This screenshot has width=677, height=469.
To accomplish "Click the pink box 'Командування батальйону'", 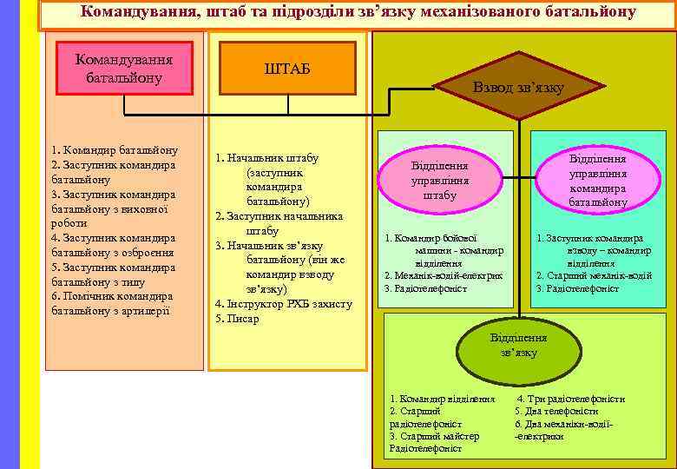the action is [x=124, y=67].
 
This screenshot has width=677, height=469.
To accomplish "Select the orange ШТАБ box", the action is [x=286, y=69].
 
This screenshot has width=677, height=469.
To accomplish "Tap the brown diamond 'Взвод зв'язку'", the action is [x=518, y=87].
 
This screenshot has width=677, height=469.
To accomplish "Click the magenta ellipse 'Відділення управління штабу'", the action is [x=439, y=181].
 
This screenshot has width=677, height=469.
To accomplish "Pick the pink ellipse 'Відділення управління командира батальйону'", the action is [x=597, y=181].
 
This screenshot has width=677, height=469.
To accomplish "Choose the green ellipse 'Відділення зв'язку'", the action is [x=518, y=345].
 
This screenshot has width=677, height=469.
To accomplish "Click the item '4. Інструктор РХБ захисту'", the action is [x=284, y=304].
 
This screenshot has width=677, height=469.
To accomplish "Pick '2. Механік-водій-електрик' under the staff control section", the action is [x=444, y=275].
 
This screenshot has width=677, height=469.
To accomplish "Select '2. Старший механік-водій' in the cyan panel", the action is [x=594, y=275].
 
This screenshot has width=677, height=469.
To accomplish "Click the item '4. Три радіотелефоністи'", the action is [x=570, y=399].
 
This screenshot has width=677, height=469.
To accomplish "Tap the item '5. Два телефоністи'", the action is [x=556, y=411].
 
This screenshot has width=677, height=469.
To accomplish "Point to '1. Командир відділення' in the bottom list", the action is [x=442, y=399].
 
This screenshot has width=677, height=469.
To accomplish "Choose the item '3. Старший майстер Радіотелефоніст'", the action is [x=435, y=442].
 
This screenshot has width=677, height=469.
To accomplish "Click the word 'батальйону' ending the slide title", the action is [x=589, y=12].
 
